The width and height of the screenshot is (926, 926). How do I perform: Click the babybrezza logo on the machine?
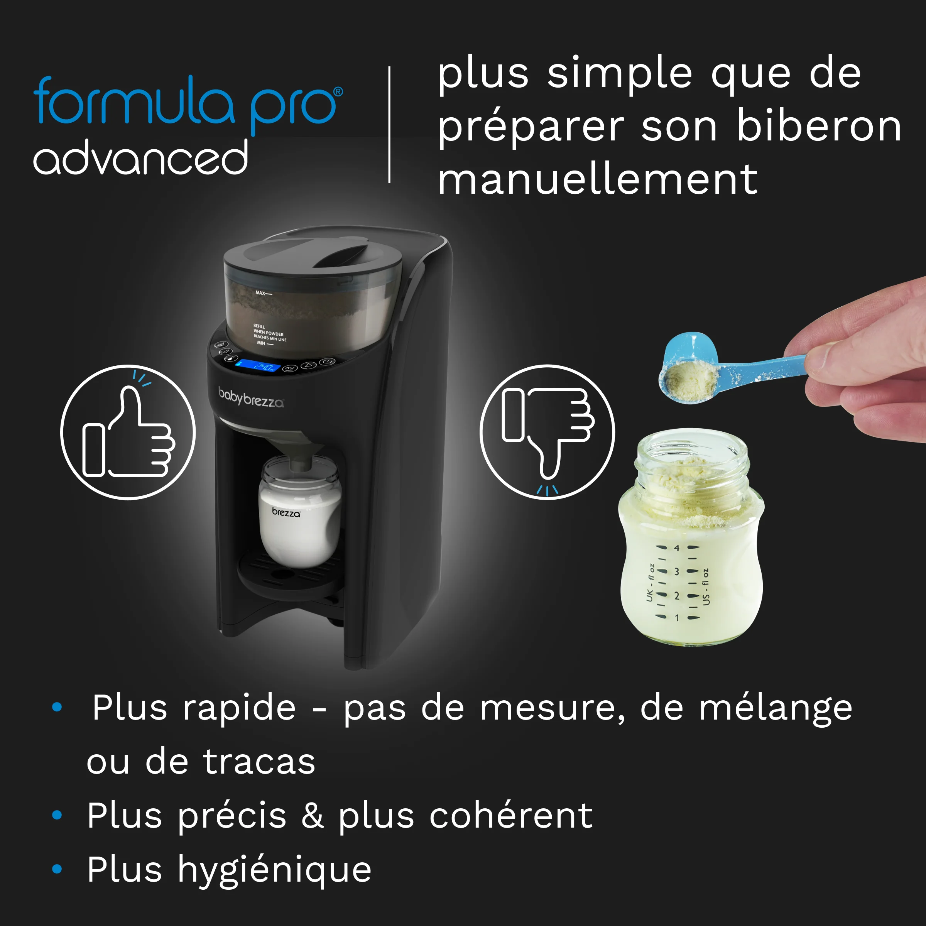pos(251,397)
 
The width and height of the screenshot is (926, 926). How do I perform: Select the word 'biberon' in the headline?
pos(819,127)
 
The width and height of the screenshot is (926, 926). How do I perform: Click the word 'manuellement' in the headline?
pos(597,180)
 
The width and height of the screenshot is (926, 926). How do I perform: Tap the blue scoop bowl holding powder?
pos(688,369)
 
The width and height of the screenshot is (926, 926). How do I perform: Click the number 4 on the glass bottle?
pos(677,548)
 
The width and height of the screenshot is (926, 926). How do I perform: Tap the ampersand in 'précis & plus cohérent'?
pos(312,815)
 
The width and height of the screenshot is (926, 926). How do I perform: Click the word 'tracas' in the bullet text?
pos(259,761)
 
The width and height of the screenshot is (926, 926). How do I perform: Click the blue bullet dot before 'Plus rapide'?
pos(57,706)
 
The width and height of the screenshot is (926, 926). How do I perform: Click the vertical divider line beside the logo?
pos(389,125)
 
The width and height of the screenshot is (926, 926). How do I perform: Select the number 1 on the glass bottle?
pos(677,618)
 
